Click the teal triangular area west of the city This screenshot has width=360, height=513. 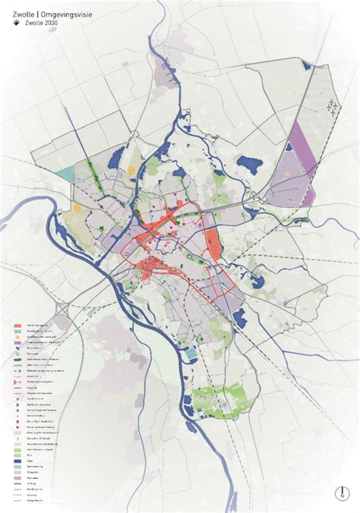click(x=65, y=172)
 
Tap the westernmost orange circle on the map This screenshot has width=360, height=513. click(x=77, y=207)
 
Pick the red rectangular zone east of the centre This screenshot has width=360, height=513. click(x=213, y=245)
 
